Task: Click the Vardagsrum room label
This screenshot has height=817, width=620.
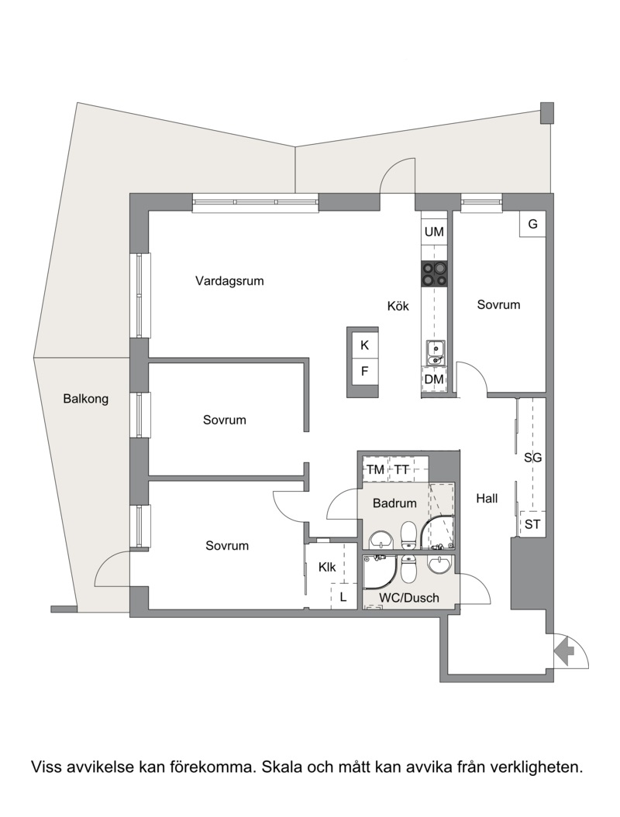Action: (229, 281)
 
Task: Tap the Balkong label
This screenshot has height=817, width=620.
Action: (85, 399)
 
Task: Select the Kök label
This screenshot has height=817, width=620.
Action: (398, 306)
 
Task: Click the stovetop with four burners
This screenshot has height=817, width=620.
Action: (434, 273)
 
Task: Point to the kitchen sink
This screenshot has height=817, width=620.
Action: (434, 352)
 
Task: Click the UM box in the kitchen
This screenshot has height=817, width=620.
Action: (434, 232)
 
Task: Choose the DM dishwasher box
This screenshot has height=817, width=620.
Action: (434, 379)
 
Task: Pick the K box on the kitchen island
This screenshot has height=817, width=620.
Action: (364, 345)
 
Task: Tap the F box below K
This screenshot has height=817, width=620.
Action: (364, 372)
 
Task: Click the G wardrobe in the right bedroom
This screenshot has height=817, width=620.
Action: (532, 224)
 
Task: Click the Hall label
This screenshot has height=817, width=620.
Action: (487, 499)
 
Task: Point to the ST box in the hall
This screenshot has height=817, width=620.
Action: (532, 524)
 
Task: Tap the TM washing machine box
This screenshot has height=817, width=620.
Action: (375, 469)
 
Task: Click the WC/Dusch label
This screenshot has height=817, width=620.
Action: (409, 598)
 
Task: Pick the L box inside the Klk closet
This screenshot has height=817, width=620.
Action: (343, 596)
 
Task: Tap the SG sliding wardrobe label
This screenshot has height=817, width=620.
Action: (532, 458)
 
